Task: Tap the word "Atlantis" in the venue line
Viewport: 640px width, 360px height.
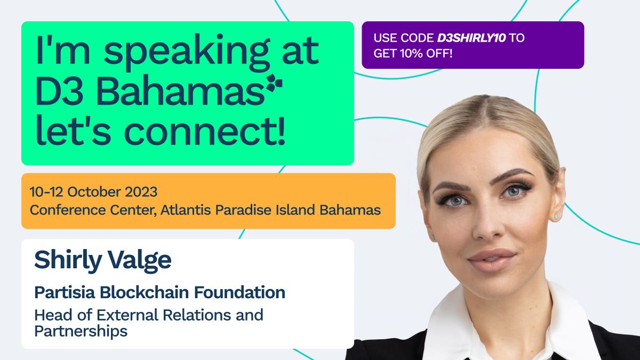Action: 186,210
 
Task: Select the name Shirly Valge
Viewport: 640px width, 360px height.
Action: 102,260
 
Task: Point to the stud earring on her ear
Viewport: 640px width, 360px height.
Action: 557,217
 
